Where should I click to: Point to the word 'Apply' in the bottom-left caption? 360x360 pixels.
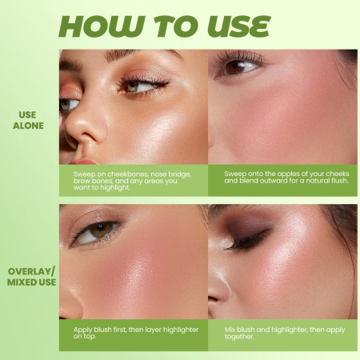tap(74, 329)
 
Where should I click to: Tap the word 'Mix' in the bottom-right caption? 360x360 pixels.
tap(220, 329)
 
